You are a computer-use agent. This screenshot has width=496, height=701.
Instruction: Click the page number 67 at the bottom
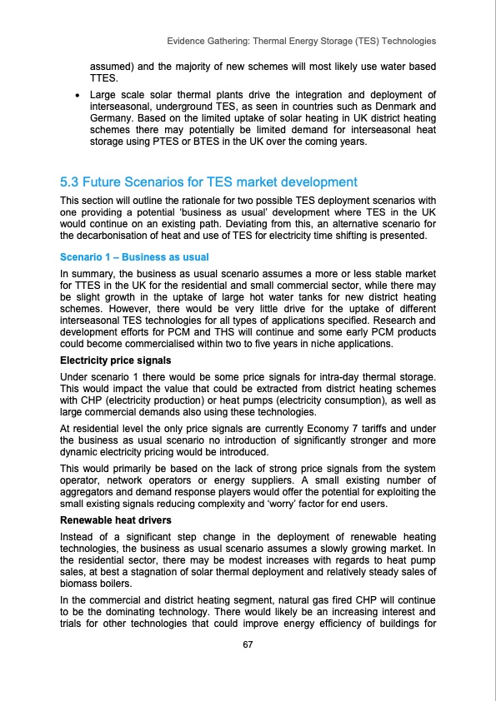coord(248,645)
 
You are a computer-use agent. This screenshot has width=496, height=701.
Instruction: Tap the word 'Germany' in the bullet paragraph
coord(113,119)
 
